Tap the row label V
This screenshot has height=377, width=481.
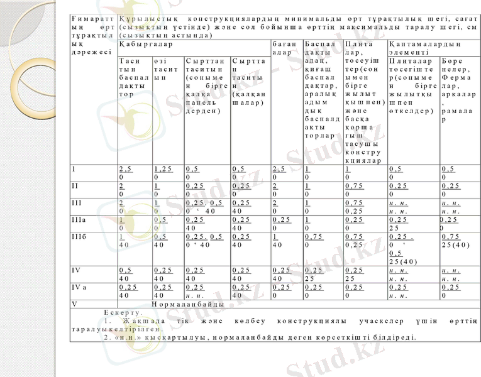point(75,305)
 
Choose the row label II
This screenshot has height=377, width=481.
point(75,186)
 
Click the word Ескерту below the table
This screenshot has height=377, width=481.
point(123,312)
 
